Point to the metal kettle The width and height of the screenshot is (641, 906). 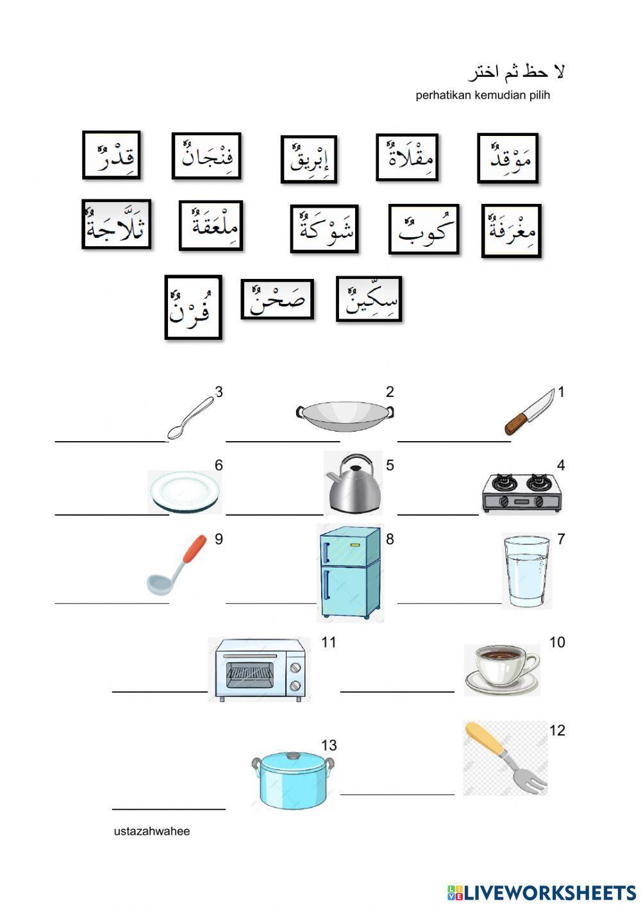[354, 484]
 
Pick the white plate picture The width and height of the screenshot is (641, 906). [185, 491]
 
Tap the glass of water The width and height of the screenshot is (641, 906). [526, 571]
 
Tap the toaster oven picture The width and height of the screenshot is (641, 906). [259, 669]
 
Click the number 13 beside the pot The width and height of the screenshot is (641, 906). [329, 745]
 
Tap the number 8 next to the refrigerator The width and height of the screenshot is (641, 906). [389, 539]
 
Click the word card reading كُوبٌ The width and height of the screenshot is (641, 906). [424, 230]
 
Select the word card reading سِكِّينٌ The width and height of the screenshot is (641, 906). [369, 299]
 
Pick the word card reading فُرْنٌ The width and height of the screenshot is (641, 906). [193, 307]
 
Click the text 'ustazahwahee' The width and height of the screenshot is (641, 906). [152, 832]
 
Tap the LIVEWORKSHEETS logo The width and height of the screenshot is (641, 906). [542, 892]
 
